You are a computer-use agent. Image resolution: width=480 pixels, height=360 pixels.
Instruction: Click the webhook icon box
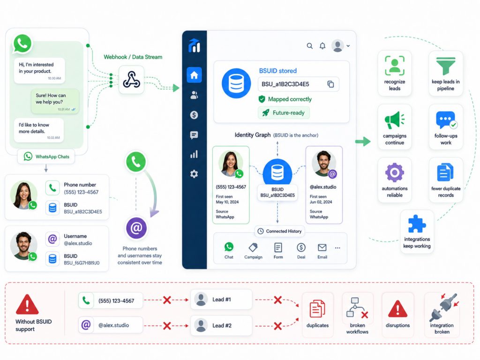[x=131, y=80]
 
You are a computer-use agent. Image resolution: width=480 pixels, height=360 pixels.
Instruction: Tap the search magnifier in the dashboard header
[x=310, y=46]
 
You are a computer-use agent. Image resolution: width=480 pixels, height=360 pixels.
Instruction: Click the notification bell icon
[x=322, y=46]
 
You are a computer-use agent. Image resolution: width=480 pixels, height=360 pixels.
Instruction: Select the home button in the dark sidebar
[x=194, y=75]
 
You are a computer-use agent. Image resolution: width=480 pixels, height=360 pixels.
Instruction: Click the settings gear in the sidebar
[x=194, y=174]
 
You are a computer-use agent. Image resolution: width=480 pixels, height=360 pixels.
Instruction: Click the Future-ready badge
[x=284, y=112]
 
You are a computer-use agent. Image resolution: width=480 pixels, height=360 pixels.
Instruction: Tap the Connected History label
[x=280, y=231]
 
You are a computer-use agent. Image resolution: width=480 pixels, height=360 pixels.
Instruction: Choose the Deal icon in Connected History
[x=301, y=247]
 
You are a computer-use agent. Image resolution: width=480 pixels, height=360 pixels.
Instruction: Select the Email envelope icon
[x=322, y=247]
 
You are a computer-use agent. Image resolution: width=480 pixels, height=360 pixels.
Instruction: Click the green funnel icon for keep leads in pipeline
[x=446, y=66]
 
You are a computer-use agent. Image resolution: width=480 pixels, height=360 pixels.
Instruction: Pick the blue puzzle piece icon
[x=417, y=224]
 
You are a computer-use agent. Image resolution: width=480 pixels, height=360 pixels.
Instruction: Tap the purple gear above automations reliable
[x=394, y=172]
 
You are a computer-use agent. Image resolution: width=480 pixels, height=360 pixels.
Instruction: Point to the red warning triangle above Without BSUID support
[x=27, y=305]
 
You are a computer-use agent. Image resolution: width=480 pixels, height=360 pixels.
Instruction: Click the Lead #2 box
[x=221, y=325]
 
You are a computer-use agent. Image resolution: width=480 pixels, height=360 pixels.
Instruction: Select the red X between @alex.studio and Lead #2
[x=167, y=326]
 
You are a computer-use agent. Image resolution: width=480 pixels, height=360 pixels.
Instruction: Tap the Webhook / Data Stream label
[x=133, y=57]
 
